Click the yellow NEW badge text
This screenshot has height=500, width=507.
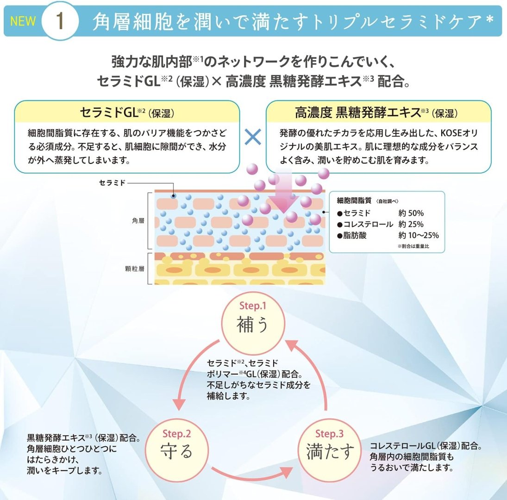point(23,21)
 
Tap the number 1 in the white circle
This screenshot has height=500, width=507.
point(60,22)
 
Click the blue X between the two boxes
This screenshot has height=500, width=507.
point(253,137)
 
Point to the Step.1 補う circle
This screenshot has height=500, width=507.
point(253,323)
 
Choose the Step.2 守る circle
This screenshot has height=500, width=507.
point(176,450)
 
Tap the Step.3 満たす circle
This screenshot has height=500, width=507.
point(330,450)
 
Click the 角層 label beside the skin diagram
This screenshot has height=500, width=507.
point(138,221)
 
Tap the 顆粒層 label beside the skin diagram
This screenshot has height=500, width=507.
point(135,269)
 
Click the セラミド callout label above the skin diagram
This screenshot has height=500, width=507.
point(112,183)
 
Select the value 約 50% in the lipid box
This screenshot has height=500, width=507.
point(411,213)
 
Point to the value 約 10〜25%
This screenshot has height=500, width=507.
point(419,235)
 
